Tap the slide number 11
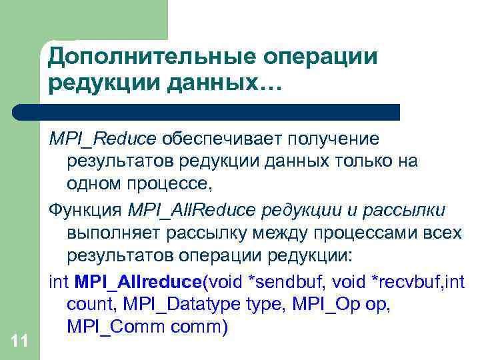coord(20,342)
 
